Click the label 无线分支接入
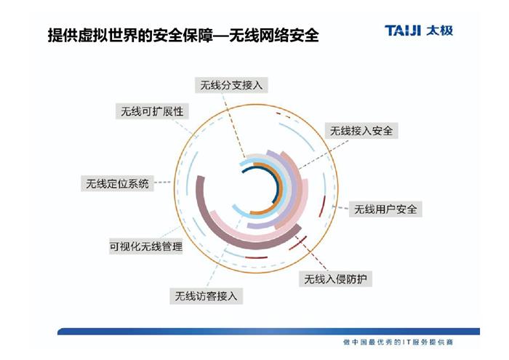(x=231, y=85)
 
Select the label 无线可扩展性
(x=152, y=111)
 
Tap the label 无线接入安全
(x=361, y=131)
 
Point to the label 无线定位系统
(x=117, y=183)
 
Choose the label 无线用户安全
(x=385, y=209)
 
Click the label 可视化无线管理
(x=145, y=247)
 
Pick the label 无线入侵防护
(x=335, y=279)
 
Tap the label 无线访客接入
(x=206, y=296)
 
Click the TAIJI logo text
(x=403, y=31)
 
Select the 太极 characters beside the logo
(x=439, y=31)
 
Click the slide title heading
(x=183, y=35)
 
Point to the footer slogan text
(x=398, y=342)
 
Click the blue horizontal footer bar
(x=268, y=332)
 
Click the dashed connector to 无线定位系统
(x=162, y=183)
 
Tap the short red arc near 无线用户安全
(x=322, y=206)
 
